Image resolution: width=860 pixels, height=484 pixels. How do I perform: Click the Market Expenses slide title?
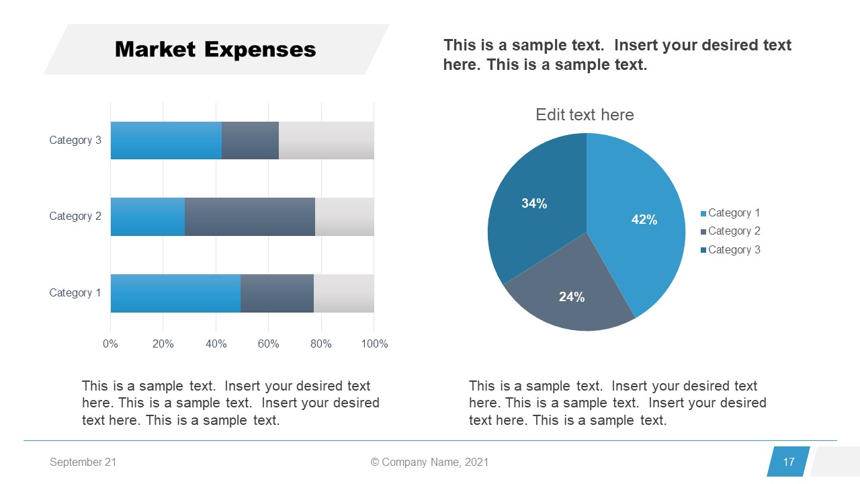point(215,50)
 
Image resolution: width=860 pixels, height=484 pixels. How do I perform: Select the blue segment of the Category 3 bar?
point(166,140)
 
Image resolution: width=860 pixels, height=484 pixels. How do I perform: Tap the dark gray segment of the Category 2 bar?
point(249,216)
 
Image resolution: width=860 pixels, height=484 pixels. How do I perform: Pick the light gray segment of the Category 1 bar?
point(343,293)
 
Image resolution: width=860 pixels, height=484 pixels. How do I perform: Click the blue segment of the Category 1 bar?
point(175,293)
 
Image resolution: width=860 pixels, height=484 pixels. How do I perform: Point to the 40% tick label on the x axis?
point(216,344)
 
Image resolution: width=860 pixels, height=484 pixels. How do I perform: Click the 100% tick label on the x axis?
point(374,344)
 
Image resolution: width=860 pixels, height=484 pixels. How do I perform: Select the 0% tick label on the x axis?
point(110,344)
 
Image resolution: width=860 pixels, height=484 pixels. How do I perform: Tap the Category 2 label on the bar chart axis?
point(75,216)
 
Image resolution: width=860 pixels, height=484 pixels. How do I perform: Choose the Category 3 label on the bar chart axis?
point(75,140)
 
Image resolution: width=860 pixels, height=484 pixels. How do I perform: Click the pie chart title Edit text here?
point(585,115)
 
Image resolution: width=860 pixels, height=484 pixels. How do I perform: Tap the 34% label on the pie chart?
point(534,204)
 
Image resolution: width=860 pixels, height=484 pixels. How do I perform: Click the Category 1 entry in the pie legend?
point(734,213)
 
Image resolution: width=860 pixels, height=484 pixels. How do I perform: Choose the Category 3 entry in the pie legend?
point(734,250)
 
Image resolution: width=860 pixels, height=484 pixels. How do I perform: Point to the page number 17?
point(789,462)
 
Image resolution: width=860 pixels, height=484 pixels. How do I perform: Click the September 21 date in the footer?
point(83,462)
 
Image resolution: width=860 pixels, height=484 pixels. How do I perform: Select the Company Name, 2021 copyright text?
point(430,462)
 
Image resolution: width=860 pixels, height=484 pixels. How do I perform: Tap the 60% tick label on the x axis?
point(269,344)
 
